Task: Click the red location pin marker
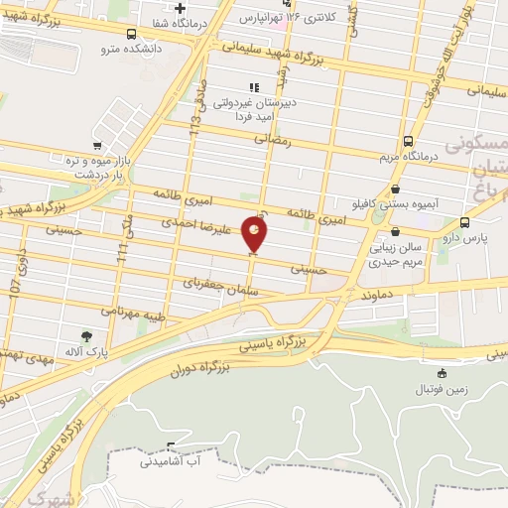point(255,234)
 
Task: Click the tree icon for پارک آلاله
point(86,335)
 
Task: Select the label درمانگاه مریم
point(409,156)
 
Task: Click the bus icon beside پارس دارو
point(465,222)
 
